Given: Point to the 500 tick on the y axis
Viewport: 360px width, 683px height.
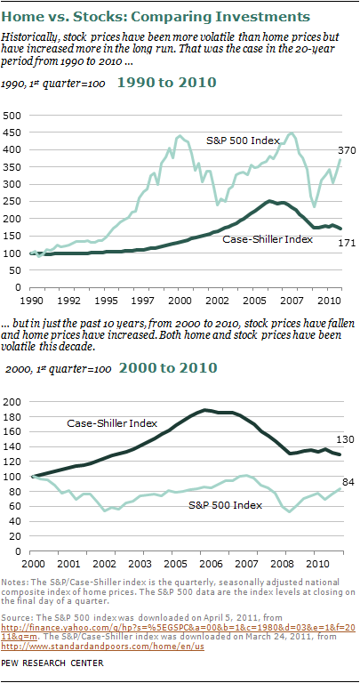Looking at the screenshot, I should (14, 117).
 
